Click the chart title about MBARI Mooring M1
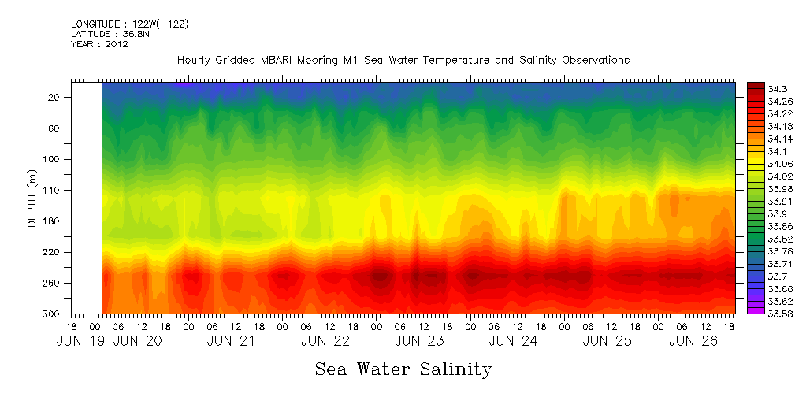click(x=403, y=61)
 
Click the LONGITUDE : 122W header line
click(x=129, y=24)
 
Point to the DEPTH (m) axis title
click(x=32, y=198)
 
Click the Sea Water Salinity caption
click(x=403, y=369)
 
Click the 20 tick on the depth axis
click(x=54, y=97)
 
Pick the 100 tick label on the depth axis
click(x=52, y=159)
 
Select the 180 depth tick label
click(x=52, y=221)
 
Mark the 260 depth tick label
click(x=52, y=283)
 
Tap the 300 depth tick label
click(x=52, y=314)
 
